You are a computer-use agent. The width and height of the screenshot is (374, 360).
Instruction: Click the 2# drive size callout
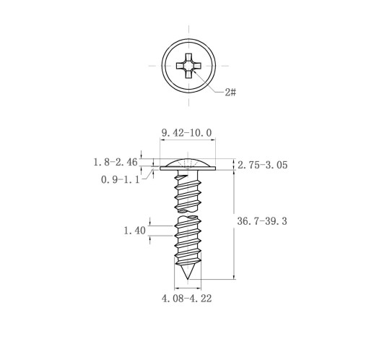pyautogui.click(x=230, y=92)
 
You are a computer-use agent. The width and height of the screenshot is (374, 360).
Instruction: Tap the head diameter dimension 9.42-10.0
pyautogui.click(x=186, y=133)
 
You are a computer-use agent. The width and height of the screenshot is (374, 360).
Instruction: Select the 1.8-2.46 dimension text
pyautogui.click(x=116, y=162)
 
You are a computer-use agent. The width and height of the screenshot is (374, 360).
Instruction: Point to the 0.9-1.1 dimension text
pyautogui.click(x=121, y=180)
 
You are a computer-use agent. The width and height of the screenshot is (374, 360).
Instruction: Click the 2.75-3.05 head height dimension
pyautogui.click(x=263, y=165)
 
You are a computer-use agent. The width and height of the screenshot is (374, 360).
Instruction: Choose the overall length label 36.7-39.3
pyautogui.click(x=262, y=221)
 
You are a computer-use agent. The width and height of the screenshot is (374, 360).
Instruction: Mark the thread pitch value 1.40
pyautogui.click(x=134, y=231)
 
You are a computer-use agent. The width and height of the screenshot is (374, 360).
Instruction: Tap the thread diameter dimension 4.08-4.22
pyautogui.click(x=187, y=299)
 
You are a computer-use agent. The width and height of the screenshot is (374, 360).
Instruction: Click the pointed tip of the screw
pyautogui.click(x=188, y=279)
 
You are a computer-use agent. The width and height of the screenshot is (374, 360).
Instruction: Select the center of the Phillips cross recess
pyautogui.click(x=188, y=66)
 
